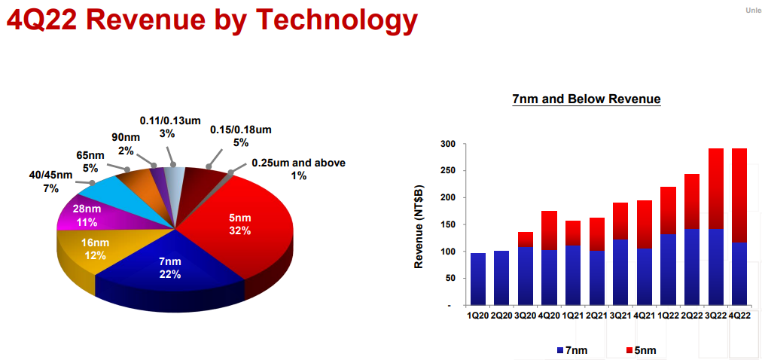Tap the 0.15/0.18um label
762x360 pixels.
(x=240, y=136)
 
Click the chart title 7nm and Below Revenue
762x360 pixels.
(x=586, y=99)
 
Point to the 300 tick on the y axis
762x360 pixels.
(x=450, y=145)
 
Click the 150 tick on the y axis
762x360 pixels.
(x=450, y=225)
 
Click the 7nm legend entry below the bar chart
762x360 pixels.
(x=573, y=350)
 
